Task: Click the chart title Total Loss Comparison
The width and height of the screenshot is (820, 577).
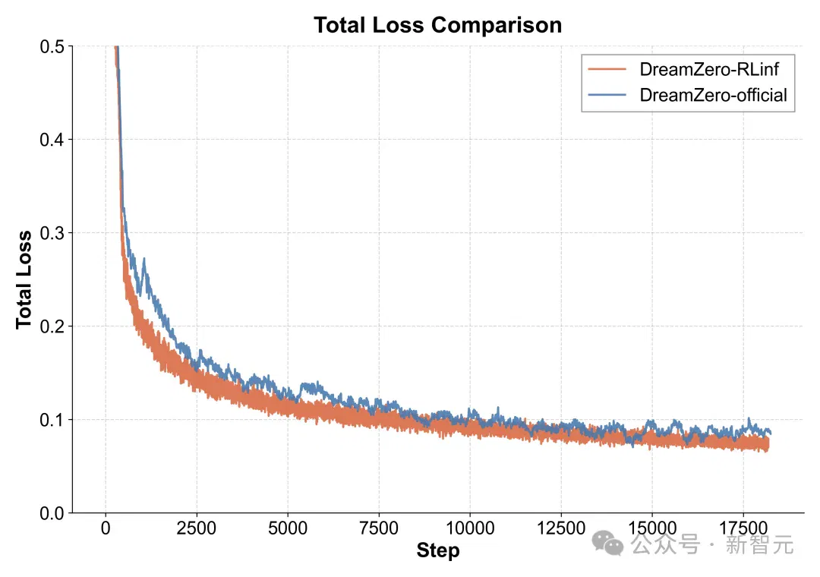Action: pyautogui.click(x=438, y=25)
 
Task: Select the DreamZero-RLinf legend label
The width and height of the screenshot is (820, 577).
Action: pyautogui.click(x=709, y=69)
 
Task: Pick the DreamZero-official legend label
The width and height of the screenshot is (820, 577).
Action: pyautogui.click(x=713, y=95)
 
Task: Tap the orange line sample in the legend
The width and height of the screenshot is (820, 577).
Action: pyautogui.click(x=607, y=69)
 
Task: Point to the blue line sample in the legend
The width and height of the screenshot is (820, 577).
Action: pyautogui.click(x=607, y=95)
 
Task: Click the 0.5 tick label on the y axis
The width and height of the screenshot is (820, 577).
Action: pyautogui.click(x=52, y=46)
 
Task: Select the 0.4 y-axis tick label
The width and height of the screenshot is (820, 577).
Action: pyautogui.click(x=52, y=140)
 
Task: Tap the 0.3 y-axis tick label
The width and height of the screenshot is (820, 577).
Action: pyautogui.click(x=52, y=233)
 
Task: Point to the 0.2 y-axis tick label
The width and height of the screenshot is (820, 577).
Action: pyautogui.click(x=52, y=326)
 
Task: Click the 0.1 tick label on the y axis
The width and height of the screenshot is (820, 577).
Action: pyautogui.click(x=52, y=420)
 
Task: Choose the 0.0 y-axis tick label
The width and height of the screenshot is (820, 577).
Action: pyautogui.click(x=52, y=513)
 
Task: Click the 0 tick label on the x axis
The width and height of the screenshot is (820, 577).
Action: pyautogui.click(x=106, y=528)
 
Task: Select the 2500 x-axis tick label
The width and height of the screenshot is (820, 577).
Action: pyautogui.click(x=197, y=528)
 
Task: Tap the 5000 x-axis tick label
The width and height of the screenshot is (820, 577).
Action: pyautogui.click(x=288, y=528)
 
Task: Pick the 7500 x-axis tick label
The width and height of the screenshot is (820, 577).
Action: pyautogui.click(x=379, y=528)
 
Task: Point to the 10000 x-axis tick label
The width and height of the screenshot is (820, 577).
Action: pyautogui.click(x=470, y=528)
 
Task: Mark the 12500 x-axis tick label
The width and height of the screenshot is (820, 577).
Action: pyautogui.click(x=561, y=528)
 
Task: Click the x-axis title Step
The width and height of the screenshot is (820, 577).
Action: pyautogui.click(x=438, y=550)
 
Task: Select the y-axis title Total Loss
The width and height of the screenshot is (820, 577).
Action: pyautogui.click(x=24, y=280)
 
